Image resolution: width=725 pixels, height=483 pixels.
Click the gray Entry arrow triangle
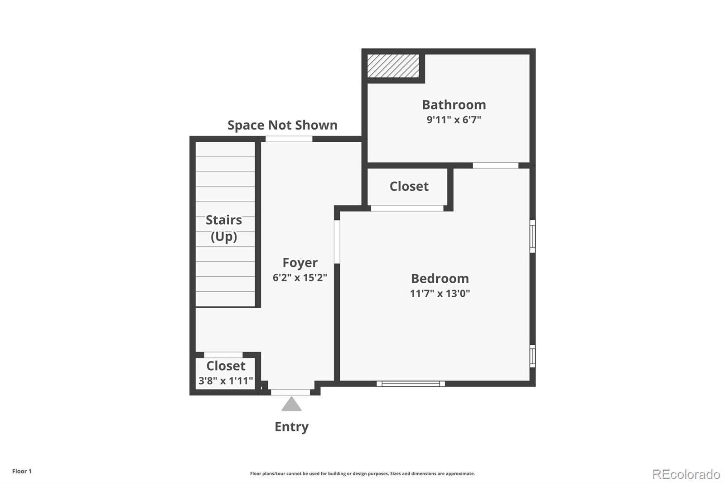[x=291, y=404]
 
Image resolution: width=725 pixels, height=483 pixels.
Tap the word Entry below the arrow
[x=292, y=427]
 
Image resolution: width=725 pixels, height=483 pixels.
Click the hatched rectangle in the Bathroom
[x=393, y=66]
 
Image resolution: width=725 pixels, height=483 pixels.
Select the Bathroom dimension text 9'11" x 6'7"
[x=454, y=120]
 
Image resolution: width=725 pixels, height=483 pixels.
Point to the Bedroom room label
[x=440, y=278]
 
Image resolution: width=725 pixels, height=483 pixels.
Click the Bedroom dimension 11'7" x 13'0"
[x=440, y=293]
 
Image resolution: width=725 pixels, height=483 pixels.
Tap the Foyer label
[x=300, y=262]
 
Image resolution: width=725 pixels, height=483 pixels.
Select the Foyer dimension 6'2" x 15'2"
[x=300, y=277]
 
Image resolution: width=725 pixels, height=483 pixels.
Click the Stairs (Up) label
[x=224, y=228]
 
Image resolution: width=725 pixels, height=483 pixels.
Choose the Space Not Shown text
[x=283, y=125]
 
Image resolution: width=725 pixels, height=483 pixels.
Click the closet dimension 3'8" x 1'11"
[x=226, y=381]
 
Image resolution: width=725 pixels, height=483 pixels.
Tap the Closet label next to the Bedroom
[x=409, y=186]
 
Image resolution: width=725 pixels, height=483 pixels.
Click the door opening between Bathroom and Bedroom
[x=496, y=165]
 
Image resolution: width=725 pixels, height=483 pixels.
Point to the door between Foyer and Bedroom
[x=337, y=242]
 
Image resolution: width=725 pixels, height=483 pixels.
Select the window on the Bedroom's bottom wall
[x=411, y=384]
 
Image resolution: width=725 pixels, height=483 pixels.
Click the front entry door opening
[x=290, y=392]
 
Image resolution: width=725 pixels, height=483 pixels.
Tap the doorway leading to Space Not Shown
[x=289, y=139]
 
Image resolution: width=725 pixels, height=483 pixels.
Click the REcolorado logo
[x=686, y=474]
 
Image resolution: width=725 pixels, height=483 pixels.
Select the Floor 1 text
[x=22, y=471]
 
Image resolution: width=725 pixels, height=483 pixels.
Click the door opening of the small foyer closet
[x=223, y=355]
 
